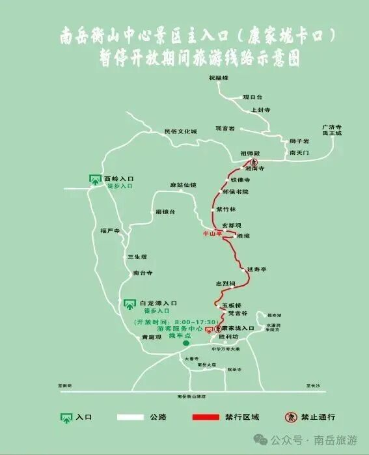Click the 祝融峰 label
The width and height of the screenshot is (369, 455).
pos(219,78)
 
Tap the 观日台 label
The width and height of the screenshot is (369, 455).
pos(252,96)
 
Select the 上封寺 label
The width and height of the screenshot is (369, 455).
pos(260,110)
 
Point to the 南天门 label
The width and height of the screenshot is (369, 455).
pos(298,152)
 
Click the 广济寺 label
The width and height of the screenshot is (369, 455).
pos(332,127)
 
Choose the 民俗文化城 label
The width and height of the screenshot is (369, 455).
pos(180,131)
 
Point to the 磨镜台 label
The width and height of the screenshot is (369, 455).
pos(165,212)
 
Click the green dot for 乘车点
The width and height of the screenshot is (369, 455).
pos(185,343)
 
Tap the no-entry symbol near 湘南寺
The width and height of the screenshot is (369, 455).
pos(255,162)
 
